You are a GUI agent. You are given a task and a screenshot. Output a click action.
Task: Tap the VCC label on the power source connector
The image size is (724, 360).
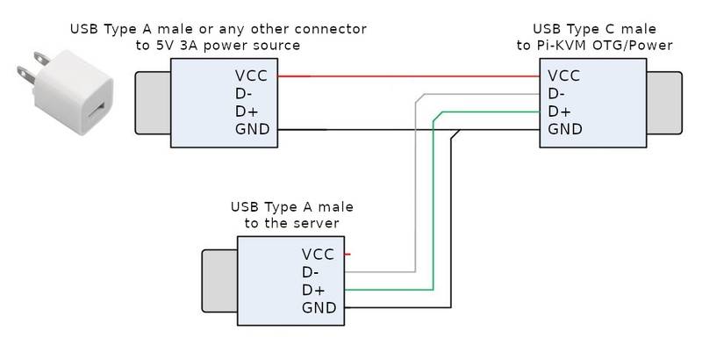pyautogui.click(x=253, y=76)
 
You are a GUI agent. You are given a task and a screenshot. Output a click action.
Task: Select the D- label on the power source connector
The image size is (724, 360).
pyautogui.click(x=246, y=94)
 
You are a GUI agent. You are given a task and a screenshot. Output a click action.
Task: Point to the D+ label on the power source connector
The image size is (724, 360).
pyautogui.click(x=247, y=112)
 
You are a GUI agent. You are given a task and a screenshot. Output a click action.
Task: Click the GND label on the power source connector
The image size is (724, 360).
pyautogui.click(x=253, y=131)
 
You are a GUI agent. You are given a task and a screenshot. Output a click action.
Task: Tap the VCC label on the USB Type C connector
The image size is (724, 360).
pyautogui.click(x=565, y=76)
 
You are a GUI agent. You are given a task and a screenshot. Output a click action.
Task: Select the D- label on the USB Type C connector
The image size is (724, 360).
pyautogui.click(x=558, y=94)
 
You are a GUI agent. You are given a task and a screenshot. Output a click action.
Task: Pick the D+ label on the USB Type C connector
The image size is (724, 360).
pyautogui.click(x=559, y=112)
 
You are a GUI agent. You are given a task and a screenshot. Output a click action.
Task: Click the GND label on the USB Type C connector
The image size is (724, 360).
pyautogui.click(x=565, y=130)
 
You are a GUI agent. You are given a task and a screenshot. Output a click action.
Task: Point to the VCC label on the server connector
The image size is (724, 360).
pyautogui.click(x=319, y=255)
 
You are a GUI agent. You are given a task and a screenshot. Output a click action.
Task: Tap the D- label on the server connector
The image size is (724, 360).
pyautogui.click(x=312, y=272)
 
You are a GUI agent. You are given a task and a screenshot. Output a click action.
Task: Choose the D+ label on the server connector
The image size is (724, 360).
pyautogui.click(x=312, y=290)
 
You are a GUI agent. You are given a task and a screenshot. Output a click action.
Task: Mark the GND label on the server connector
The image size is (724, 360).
pyautogui.click(x=319, y=308)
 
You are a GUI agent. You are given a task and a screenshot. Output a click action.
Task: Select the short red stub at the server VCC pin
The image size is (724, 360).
pyautogui.click(x=348, y=255)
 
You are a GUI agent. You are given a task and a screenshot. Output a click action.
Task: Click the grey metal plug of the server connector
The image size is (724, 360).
pyautogui.click(x=220, y=281)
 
